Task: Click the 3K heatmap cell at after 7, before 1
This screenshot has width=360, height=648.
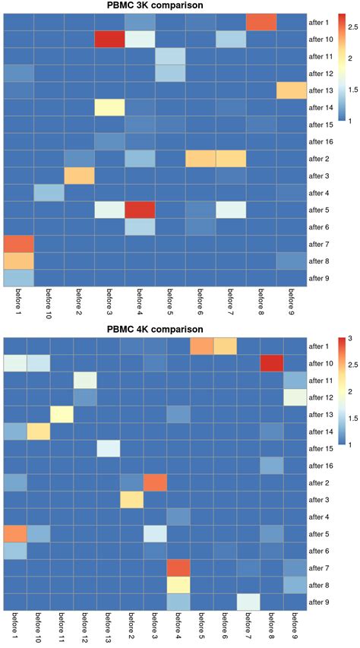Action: [17, 245]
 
